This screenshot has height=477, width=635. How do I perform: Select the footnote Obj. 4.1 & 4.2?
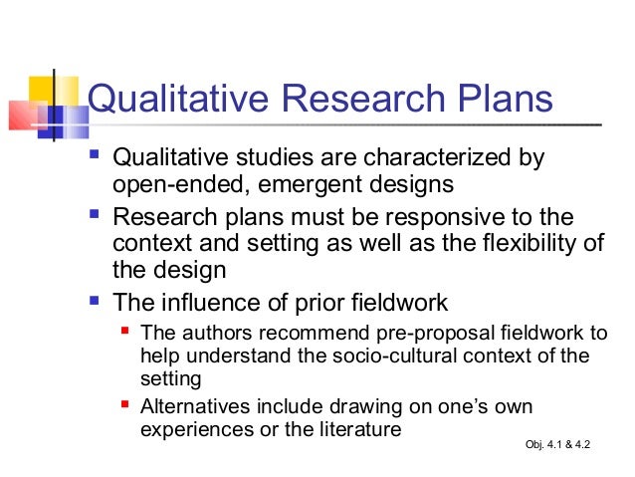pyautogui.click(x=556, y=442)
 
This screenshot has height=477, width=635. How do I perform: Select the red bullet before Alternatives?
pyautogui.click(x=123, y=405)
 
